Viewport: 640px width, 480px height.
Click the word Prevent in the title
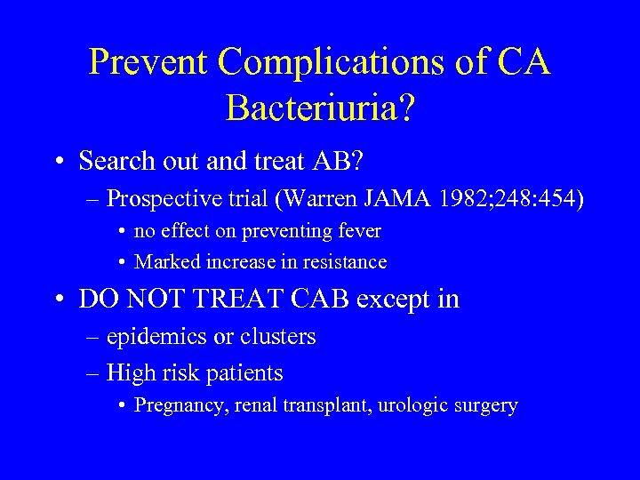pos(149,62)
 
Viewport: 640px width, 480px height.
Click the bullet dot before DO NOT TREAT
pos(58,300)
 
